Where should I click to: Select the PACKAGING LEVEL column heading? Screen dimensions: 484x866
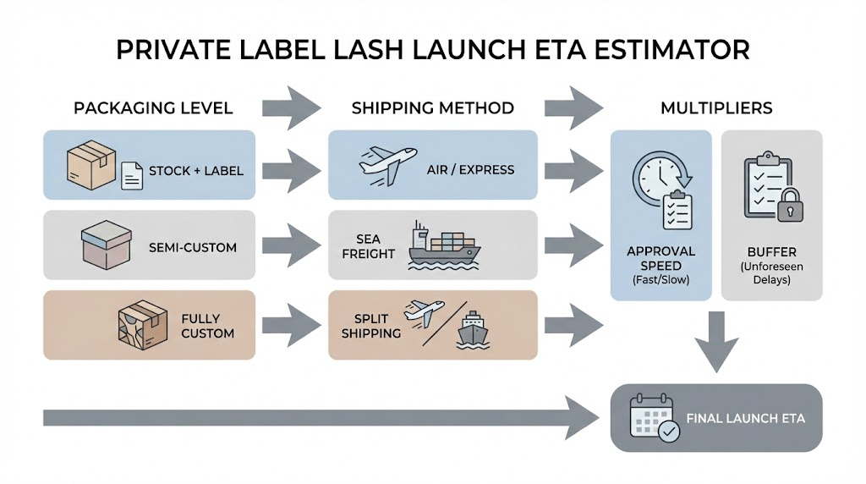[x=153, y=108]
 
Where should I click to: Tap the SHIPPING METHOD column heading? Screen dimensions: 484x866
[x=432, y=108]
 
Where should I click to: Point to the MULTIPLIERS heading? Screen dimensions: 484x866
[x=717, y=108]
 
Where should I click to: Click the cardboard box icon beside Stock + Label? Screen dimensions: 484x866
[x=90, y=164]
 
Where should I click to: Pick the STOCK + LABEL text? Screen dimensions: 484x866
[x=195, y=170]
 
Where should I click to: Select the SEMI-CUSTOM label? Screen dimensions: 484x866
[x=192, y=248]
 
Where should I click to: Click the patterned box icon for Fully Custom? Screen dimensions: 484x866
[x=139, y=323]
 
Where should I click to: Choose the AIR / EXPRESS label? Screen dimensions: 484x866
[x=470, y=169]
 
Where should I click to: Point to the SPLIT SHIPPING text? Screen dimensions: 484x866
[x=371, y=326]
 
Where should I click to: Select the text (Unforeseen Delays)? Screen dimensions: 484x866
[x=770, y=272]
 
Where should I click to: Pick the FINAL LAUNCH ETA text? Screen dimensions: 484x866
[x=746, y=418]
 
